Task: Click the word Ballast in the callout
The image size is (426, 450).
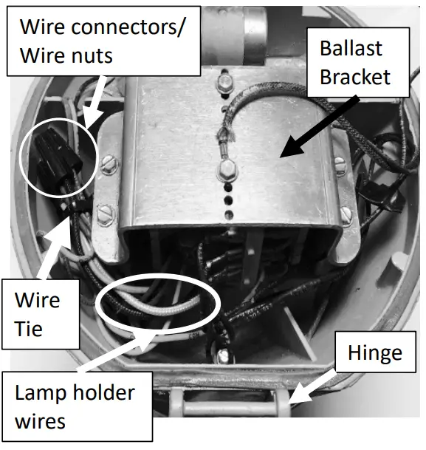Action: tap(351, 49)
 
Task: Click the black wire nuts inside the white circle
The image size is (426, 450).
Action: tap(57, 151)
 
